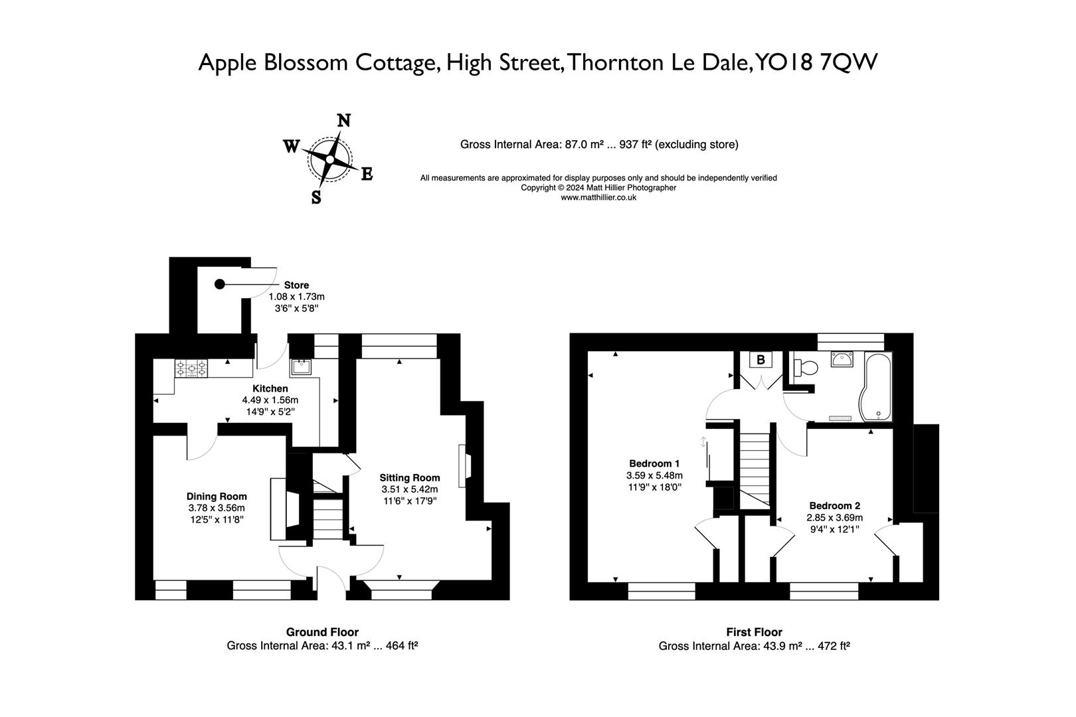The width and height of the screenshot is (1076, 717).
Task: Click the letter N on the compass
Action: pos(344,121)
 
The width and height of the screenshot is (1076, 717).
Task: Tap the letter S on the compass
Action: pos(316,197)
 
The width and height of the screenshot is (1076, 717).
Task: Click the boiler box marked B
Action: pos(761,360)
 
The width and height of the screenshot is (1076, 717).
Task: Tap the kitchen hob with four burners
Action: pos(191,368)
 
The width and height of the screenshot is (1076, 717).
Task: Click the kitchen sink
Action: pos(301,366)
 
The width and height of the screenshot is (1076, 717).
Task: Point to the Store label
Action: pos(296,285)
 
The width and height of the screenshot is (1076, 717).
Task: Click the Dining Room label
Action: pos(217,496)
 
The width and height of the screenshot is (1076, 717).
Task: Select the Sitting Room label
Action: pos(410,477)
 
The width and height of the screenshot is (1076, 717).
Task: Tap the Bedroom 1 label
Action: pos(654,463)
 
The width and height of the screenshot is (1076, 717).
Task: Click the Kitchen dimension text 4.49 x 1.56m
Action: pos(270,400)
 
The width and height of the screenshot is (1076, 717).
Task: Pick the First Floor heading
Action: pos(754,632)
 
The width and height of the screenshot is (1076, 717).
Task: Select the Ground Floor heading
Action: pos(322,632)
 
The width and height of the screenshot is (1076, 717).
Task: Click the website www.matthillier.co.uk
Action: pos(598,197)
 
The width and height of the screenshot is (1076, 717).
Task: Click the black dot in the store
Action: pos(220,284)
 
